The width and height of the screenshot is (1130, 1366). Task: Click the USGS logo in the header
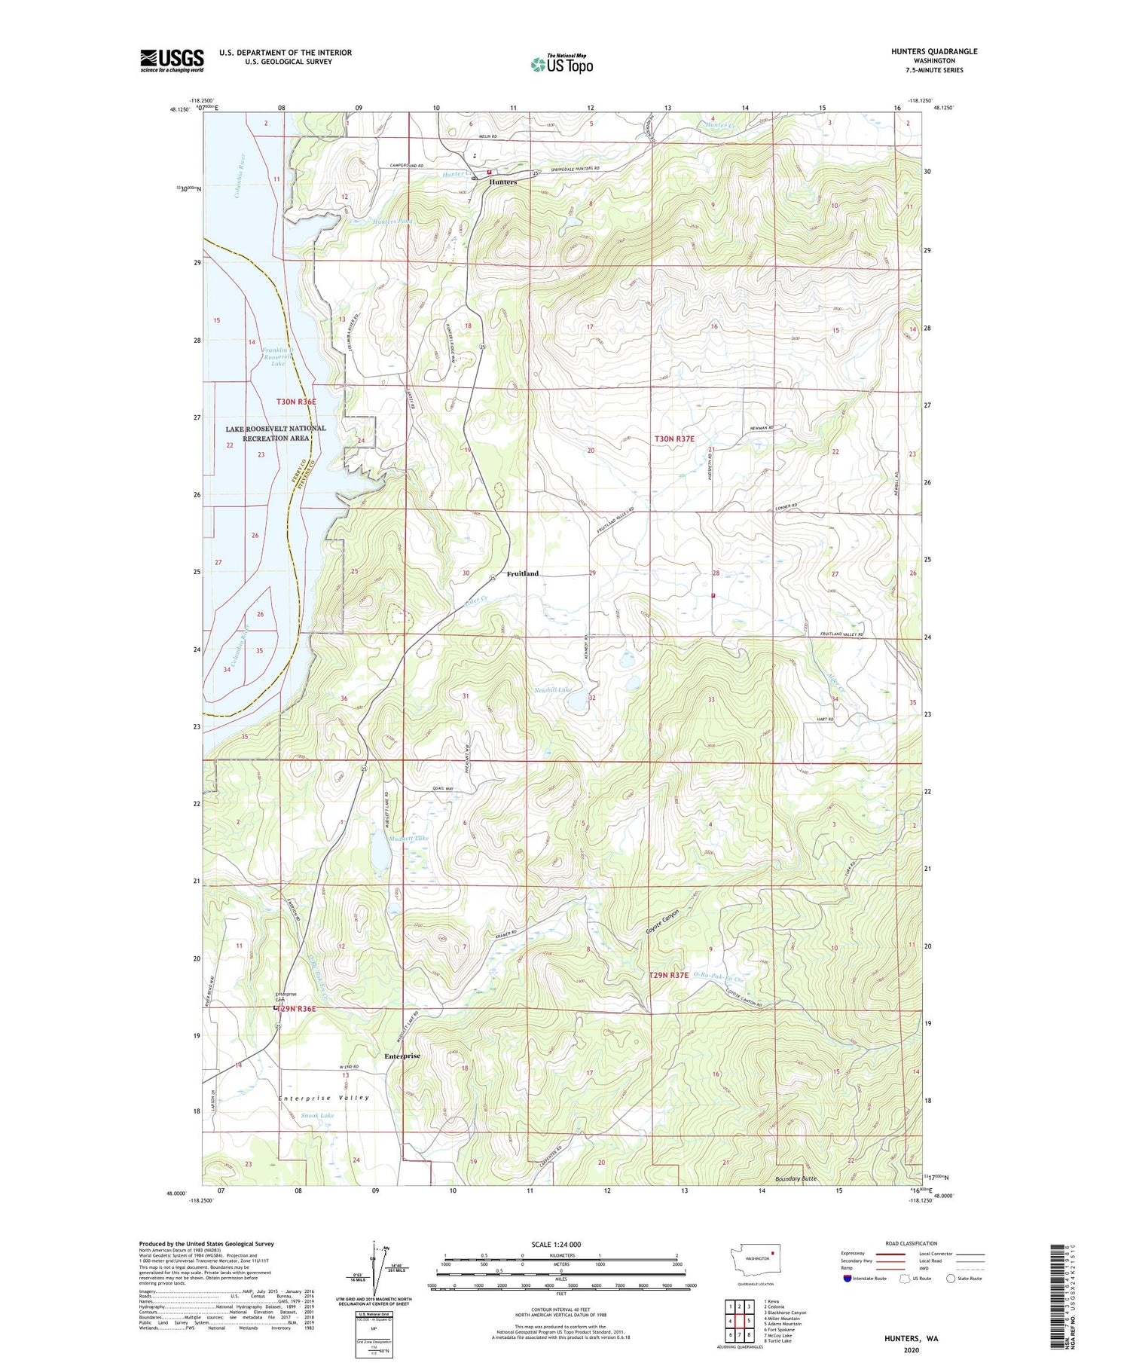[x=172, y=60]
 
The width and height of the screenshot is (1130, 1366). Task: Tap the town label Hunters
[x=502, y=182]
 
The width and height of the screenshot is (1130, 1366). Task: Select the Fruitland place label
[x=522, y=573]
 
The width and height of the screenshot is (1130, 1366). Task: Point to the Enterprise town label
[x=402, y=1056]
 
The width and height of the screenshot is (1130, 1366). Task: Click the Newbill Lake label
[x=553, y=690]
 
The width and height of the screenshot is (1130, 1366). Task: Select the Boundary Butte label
[x=796, y=1178]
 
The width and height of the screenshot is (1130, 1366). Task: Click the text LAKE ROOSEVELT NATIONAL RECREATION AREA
[x=276, y=433]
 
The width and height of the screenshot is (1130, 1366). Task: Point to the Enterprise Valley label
[x=324, y=1098]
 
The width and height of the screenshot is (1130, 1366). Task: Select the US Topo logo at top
[x=561, y=64]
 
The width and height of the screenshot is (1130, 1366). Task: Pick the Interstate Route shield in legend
[x=847, y=1279]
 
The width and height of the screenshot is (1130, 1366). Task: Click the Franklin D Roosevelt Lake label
[x=278, y=356]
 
